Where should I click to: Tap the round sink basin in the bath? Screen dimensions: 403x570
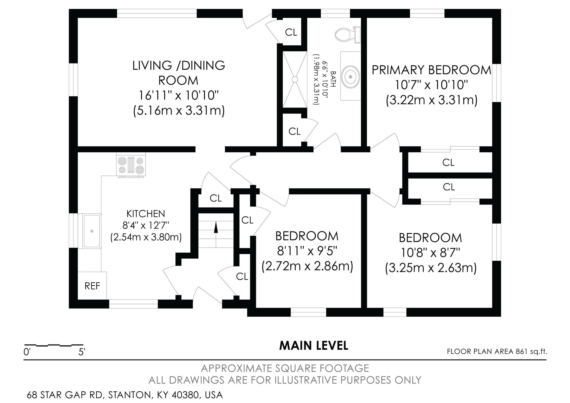pos(351,77)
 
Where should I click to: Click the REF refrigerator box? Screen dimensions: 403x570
pos(92,286)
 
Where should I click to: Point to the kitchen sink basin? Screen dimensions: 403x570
pos(92,231)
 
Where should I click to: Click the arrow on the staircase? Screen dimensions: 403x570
pos(216,228)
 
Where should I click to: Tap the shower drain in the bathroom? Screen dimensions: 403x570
pos(295,79)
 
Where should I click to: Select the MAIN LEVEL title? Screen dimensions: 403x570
pos(314,346)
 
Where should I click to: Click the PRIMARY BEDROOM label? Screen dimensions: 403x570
pos(431,70)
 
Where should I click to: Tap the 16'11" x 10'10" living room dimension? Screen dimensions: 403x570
pos(179,96)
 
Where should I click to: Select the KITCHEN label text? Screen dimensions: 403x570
pos(146,214)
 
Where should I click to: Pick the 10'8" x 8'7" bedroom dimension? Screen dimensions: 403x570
pos(431,253)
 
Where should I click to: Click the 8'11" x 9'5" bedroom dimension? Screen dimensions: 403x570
pos(307,251)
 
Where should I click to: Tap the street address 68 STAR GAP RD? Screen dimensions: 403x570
pos(65,395)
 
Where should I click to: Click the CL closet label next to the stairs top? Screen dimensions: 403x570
pos(216,198)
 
